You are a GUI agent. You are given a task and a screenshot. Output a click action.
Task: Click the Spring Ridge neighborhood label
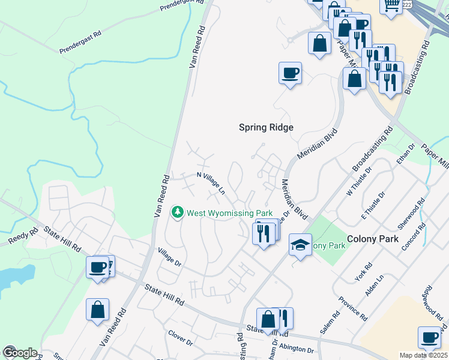coord(266,127)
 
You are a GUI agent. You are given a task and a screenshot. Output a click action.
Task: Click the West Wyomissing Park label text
coord(230,213)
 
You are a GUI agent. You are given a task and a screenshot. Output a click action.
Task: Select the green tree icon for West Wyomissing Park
coord(178,212)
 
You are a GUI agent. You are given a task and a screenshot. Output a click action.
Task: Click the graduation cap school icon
coord(300,244)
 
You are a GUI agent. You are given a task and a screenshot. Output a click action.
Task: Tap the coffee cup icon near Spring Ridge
coord(290,73)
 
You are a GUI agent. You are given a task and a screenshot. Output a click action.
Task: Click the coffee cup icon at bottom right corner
coord(429,337)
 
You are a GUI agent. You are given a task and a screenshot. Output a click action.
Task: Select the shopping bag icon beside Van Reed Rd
coord(97,310)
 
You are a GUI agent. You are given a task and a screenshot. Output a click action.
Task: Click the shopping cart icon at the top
coord(391,5)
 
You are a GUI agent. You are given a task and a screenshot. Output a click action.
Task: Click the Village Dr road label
coord(169,257)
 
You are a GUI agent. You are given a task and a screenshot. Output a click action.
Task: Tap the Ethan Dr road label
coord(406,154)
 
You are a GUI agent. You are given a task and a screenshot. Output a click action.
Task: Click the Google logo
coord(20,352)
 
